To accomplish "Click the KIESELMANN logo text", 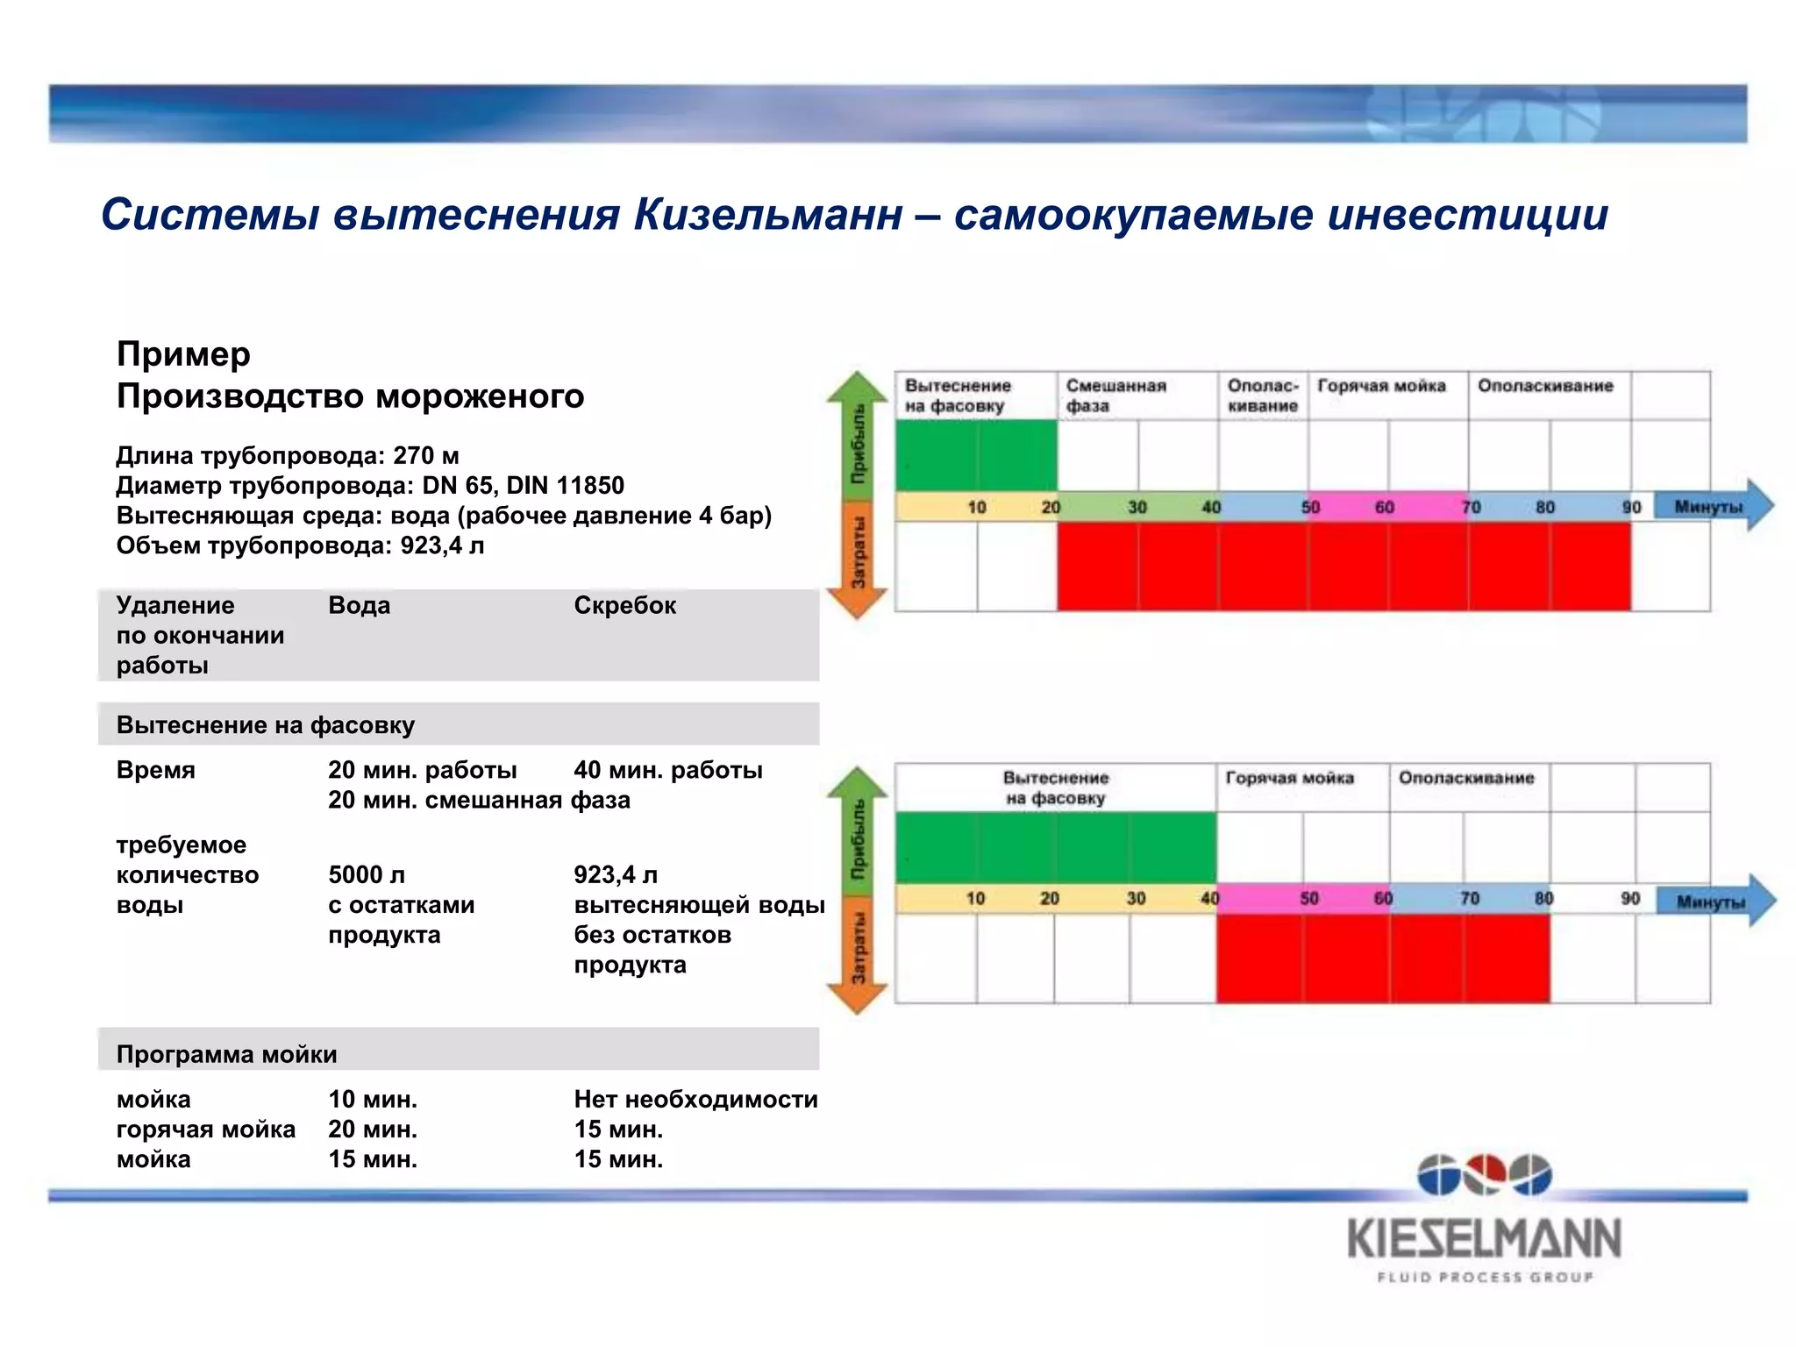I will click(1484, 1238).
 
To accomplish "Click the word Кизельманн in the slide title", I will click(767, 215).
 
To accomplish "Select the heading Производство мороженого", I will click(350, 396).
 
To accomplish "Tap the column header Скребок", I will click(624, 605).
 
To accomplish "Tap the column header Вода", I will click(359, 605).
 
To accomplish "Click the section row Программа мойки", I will click(226, 1053).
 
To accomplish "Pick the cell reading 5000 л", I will click(367, 874).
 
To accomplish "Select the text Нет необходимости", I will click(695, 1099).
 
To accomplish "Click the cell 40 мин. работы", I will click(667, 770).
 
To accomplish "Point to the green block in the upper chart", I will click(976, 455).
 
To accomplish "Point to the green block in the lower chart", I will click(1055, 847).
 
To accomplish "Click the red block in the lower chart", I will click(1382, 958).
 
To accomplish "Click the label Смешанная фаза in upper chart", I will click(1115, 396).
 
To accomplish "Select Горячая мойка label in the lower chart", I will click(1289, 778).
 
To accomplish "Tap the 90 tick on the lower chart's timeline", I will click(1629, 898).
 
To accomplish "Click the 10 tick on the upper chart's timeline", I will click(976, 507).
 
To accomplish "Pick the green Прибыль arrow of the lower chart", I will click(858, 833).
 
